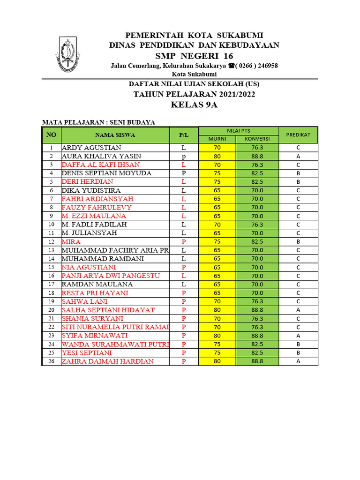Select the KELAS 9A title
point(194,105)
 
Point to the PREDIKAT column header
point(298,135)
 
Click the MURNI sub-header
point(217,139)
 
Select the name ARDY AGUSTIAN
point(91,148)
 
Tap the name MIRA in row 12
point(71,242)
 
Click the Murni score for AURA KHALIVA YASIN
point(217,156)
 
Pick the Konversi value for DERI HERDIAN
point(257,182)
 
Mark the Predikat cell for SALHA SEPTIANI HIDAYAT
point(298,310)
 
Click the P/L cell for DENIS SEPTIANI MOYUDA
point(184,173)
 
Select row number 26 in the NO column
point(51,361)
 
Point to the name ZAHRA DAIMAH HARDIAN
point(108,361)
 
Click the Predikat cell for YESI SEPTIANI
point(298,352)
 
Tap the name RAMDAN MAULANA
point(97,284)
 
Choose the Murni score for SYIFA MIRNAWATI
point(217,336)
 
